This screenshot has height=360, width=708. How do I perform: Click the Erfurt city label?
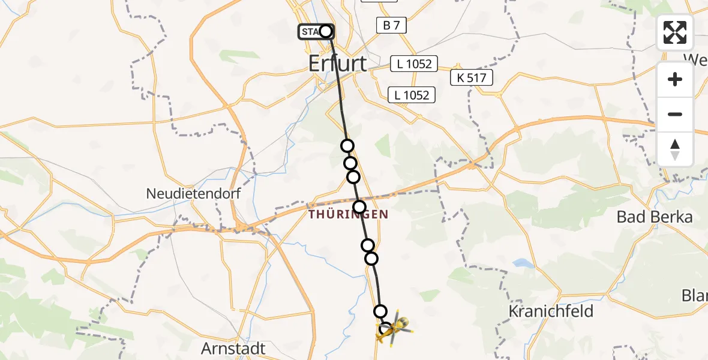pos(337,64)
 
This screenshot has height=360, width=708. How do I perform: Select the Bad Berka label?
pos(655,217)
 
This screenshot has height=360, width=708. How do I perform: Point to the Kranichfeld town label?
pos(551,311)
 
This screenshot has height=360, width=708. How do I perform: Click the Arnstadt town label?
pos(233,349)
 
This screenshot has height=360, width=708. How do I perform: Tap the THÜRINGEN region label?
pos(348,214)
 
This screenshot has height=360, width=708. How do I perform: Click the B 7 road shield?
pos(392,25)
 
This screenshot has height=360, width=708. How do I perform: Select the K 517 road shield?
pos(472,77)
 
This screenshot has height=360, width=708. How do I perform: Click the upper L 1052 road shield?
pos(414,64)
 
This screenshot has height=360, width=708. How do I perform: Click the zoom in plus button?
pos(675,79)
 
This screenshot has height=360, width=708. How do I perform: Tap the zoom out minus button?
pos(675,114)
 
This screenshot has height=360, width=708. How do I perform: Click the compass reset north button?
pos(675,149)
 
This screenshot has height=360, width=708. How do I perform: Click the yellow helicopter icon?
pos(394,328)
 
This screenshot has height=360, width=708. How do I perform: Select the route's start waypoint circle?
pos(325,31)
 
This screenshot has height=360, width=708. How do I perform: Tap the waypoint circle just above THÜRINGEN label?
pos(359,208)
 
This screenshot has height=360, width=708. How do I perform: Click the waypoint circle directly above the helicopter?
pos(380,311)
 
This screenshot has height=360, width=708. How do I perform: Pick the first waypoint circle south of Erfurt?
pos(347,146)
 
